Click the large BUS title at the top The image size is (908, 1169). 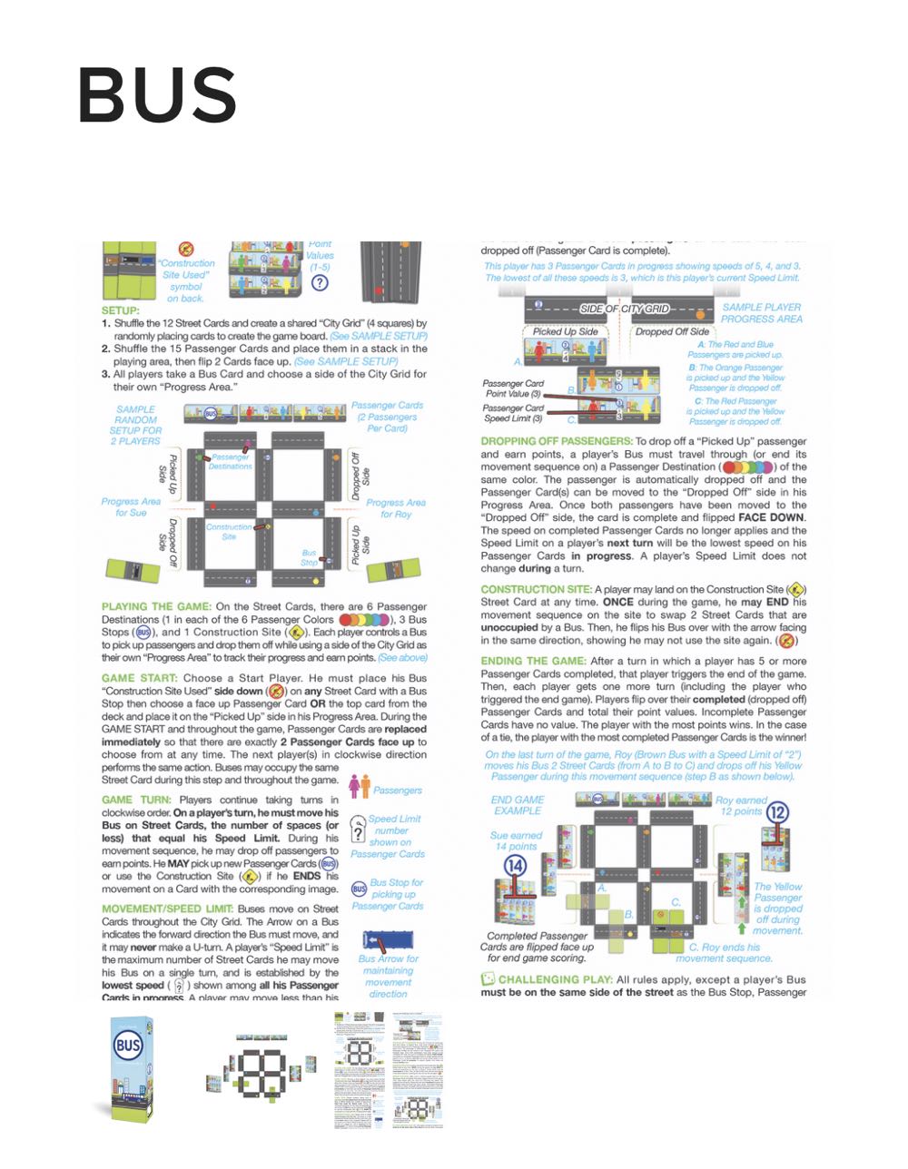(x=157, y=95)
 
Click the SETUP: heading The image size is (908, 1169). (x=121, y=310)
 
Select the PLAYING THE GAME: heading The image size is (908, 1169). (x=156, y=606)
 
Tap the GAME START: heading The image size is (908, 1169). (x=140, y=678)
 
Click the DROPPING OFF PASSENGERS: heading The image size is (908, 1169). (x=556, y=441)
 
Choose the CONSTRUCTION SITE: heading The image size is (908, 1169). (x=536, y=589)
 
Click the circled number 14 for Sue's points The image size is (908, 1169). (x=515, y=865)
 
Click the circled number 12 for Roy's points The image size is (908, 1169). (x=777, y=812)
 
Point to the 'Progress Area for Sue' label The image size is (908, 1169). (x=131, y=506)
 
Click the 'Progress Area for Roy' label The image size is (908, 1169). (x=396, y=508)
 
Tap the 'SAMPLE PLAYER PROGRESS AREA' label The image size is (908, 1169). (x=762, y=313)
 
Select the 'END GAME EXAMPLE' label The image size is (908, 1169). (x=518, y=805)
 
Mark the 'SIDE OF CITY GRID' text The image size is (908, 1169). (x=625, y=309)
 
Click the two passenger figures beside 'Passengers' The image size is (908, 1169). (x=360, y=786)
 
